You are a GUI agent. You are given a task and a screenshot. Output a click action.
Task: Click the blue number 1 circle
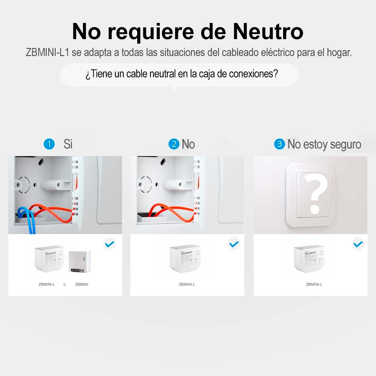[x=49, y=144]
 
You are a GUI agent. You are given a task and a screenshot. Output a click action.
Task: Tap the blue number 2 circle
[x=174, y=144]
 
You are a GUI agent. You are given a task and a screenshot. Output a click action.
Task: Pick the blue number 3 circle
[x=279, y=144]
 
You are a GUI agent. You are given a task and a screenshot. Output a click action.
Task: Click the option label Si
[x=68, y=144]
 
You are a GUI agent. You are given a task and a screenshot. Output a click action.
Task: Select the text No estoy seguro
[x=324, y=144]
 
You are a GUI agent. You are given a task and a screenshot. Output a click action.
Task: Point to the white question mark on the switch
[x=315, y=193]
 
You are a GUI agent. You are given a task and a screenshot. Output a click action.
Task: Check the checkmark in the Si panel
[x=109, y=244]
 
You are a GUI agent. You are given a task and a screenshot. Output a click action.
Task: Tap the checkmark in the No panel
[x=234, y=244]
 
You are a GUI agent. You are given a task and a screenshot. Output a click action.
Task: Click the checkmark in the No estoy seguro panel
[x=358, y=244]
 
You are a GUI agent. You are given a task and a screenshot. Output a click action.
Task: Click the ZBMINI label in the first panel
[x=82, y=284]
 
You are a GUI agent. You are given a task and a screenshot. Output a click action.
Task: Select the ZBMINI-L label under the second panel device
[x=187, y=284]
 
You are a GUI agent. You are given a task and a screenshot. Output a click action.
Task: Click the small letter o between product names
[x=64, y=285]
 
